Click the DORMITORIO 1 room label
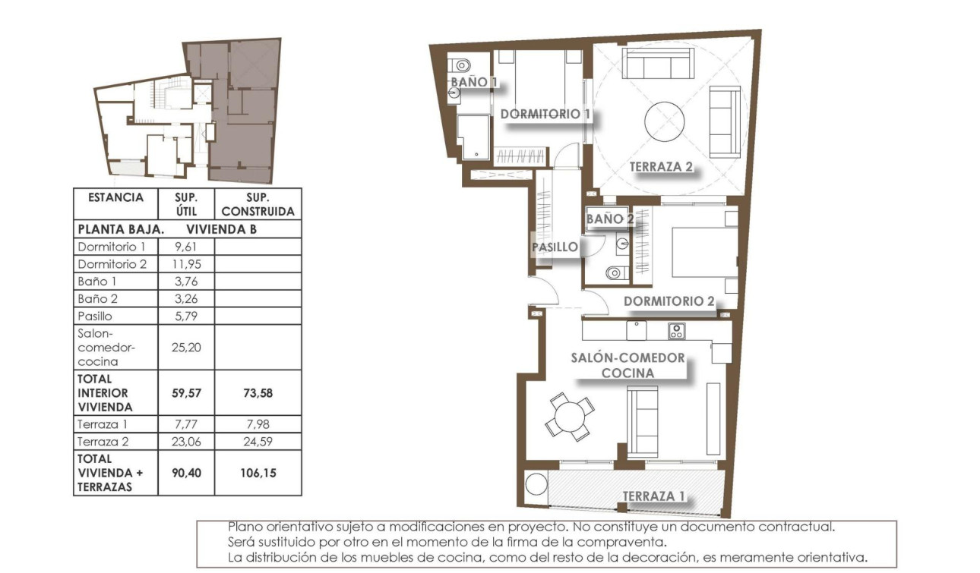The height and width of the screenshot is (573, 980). point(545,114)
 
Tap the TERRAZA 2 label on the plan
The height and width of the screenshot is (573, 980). point(661,167)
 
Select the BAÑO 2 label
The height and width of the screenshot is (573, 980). point(609,219)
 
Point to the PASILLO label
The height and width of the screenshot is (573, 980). point(555,247)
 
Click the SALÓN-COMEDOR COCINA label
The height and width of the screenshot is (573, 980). point(628,365)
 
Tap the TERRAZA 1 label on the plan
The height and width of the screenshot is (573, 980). point(653,496)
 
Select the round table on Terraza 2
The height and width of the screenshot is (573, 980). point(664,121)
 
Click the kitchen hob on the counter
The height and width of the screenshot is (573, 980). point(676,331)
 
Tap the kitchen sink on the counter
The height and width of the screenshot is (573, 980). point(636,330)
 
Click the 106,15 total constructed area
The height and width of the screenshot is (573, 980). point(258,473)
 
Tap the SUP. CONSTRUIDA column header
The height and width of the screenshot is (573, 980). point(258,205)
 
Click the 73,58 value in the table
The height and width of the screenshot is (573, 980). point(258,393)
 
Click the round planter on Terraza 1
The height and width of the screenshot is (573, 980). point(536,483)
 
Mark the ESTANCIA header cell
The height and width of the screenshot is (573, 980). point(115,198)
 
